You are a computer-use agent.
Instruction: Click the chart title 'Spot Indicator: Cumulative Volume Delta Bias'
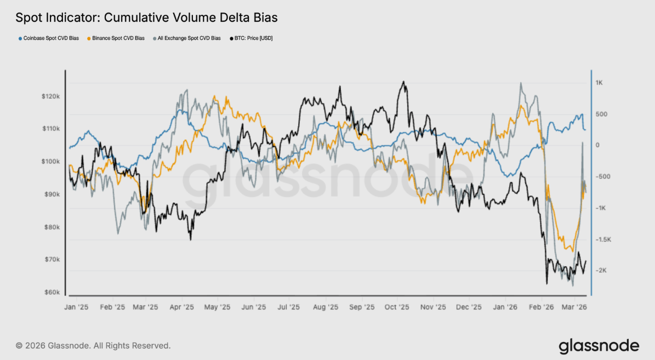coord(146,18)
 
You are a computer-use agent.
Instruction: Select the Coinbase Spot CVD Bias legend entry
coord(49,38)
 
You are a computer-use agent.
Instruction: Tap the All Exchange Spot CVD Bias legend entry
coord(189,38)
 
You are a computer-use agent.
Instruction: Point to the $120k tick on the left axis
coord(50,96)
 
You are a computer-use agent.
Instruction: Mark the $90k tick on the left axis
coord(51,195)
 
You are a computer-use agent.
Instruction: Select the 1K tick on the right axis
coord(599,83)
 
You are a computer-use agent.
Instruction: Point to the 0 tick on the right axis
coord(597,145)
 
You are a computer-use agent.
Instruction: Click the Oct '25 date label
coord(397,307)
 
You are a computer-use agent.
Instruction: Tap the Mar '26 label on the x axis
coord(574,307)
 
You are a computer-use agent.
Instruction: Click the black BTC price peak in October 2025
coord(403,82)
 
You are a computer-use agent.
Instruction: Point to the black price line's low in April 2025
coord(190,239)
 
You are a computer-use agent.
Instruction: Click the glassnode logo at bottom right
coord(599,346)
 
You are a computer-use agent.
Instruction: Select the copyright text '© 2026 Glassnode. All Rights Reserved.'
coord(93,346)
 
